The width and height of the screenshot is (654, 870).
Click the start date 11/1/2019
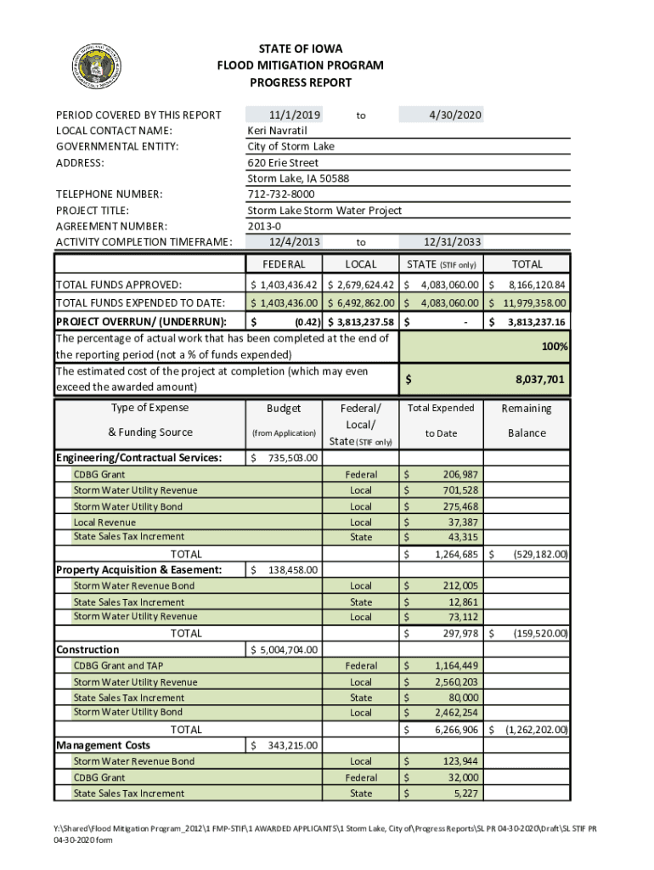click(294, 115)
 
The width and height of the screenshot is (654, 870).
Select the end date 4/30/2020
click(454, 115)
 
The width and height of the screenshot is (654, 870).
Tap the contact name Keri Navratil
click(277, 131)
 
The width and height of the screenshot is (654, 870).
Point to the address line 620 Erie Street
click(283, 162)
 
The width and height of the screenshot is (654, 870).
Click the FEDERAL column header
click(284, 264)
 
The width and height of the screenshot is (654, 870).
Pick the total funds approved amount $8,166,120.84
click(527, 285)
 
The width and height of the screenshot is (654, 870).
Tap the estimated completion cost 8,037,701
click(538, 380)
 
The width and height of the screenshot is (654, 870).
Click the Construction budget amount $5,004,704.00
click(284, 650)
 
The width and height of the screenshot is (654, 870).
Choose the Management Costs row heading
click(103, 745)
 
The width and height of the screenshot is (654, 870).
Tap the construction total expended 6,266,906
click(455, 730)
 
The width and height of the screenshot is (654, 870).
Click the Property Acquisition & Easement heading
click(138, 569)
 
